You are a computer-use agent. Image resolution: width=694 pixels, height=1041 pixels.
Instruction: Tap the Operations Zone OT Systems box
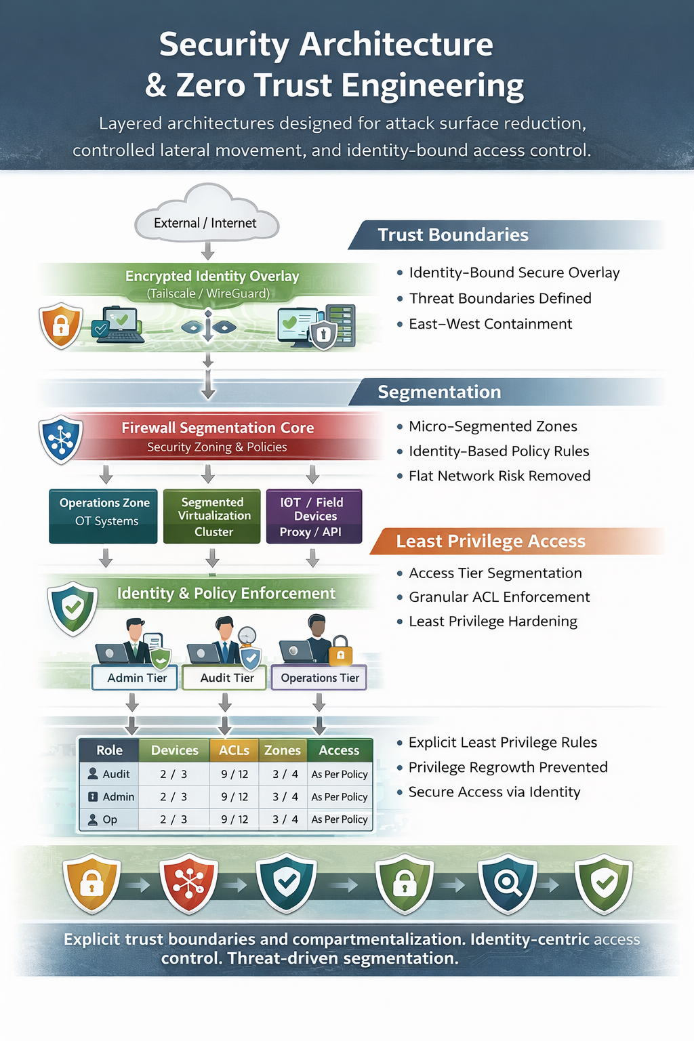click(x=104, y=516)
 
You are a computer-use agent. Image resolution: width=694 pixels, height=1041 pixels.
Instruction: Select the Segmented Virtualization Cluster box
click(x=212, y=516)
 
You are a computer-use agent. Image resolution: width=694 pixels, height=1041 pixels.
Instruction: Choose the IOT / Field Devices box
click(x=314, y=516)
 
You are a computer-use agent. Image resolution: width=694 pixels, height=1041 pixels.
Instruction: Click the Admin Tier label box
click(x=136, y=678)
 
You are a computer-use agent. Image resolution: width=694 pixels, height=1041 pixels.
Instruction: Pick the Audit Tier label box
click(x=227, y=678)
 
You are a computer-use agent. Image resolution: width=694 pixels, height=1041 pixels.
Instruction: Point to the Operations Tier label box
click(x=319, y=678)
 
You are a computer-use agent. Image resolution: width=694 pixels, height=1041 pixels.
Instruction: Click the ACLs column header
click(x=234, y=750)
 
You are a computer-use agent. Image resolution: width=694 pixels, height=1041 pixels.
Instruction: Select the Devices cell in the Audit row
click(x=173, y=774)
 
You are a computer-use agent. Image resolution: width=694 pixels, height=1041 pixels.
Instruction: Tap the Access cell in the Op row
click(x=340, y=819)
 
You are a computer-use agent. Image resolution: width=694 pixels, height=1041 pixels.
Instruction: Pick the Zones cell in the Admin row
click(x=285, y=797)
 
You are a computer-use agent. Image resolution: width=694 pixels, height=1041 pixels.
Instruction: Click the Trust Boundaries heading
click(x=453, y=235)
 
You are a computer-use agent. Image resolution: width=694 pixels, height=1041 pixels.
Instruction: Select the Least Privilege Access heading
click(x=490, y=542)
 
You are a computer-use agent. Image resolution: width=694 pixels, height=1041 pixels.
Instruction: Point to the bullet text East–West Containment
click(x=490, y=324)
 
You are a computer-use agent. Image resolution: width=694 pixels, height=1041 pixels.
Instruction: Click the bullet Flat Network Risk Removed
click(x=499, y=476)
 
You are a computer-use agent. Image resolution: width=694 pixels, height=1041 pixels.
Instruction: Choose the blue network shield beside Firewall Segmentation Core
click(x=61, y=439)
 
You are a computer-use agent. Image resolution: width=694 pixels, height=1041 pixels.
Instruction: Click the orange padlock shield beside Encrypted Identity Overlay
click(x=61, y=325)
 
